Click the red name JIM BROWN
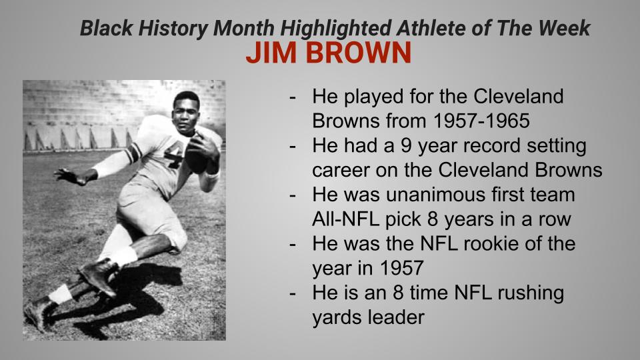pos(328,54)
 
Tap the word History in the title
pos(174,28)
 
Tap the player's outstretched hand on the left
pos(69,175)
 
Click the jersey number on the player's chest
pos(175,157)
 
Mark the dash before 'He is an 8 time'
pos(293,292)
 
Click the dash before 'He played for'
pos(293,96)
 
